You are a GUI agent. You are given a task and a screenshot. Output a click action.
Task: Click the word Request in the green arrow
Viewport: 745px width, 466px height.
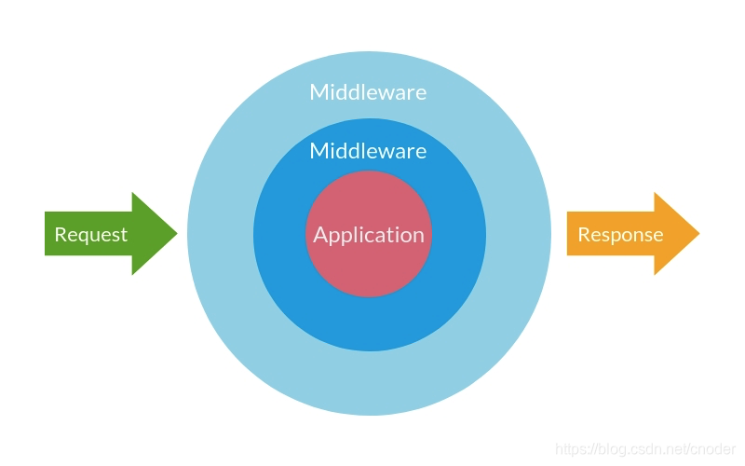point(90,235)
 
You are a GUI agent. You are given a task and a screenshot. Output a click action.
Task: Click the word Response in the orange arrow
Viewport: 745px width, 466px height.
point(620,235)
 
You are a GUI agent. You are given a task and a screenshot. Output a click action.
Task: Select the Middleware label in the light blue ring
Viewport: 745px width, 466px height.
point(368,92)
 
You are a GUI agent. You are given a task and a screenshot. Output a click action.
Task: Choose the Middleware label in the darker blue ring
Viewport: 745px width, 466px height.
point(368,151)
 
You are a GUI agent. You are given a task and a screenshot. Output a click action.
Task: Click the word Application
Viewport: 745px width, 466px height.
point(369,235)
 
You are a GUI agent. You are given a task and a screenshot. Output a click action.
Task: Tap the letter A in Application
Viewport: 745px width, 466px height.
point(320,235)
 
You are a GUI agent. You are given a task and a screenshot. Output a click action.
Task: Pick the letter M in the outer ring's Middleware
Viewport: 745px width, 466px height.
point(318,92)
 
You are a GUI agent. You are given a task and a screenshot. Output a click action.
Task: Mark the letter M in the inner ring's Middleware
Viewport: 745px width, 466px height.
point(318,151)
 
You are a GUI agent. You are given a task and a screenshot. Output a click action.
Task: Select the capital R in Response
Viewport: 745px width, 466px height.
point(584,235)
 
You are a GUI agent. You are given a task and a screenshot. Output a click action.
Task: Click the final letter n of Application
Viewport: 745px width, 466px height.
point(418,236)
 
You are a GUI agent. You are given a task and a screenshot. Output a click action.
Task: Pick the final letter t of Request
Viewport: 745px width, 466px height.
point(124,235)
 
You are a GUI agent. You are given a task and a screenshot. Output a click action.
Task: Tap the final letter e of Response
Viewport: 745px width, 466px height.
point(657,236)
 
